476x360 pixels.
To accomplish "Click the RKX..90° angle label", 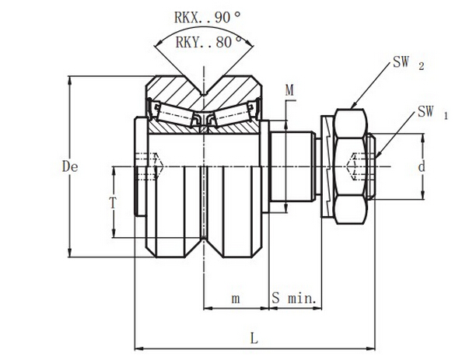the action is (208, 17).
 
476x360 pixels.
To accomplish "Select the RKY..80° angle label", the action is (209, 42).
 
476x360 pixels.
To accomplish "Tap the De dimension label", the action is (70, 166).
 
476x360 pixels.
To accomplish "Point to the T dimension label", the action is (113, 203).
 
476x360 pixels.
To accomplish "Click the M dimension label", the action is (289, 90).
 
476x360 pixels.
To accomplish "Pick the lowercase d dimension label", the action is (422, 166).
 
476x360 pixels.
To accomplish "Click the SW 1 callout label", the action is (432, 112).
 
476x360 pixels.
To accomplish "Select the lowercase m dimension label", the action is (236, 299).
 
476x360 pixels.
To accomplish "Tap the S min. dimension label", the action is (294, 298).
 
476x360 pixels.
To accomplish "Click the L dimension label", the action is (254, 338).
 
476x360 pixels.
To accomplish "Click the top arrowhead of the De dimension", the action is (70, 79).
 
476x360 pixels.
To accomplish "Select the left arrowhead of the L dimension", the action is (138, 348).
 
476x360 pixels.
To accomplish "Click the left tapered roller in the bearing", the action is (174, 114).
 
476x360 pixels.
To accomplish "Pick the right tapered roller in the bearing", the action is (233, 114).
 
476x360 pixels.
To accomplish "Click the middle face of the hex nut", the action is (350, 166).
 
